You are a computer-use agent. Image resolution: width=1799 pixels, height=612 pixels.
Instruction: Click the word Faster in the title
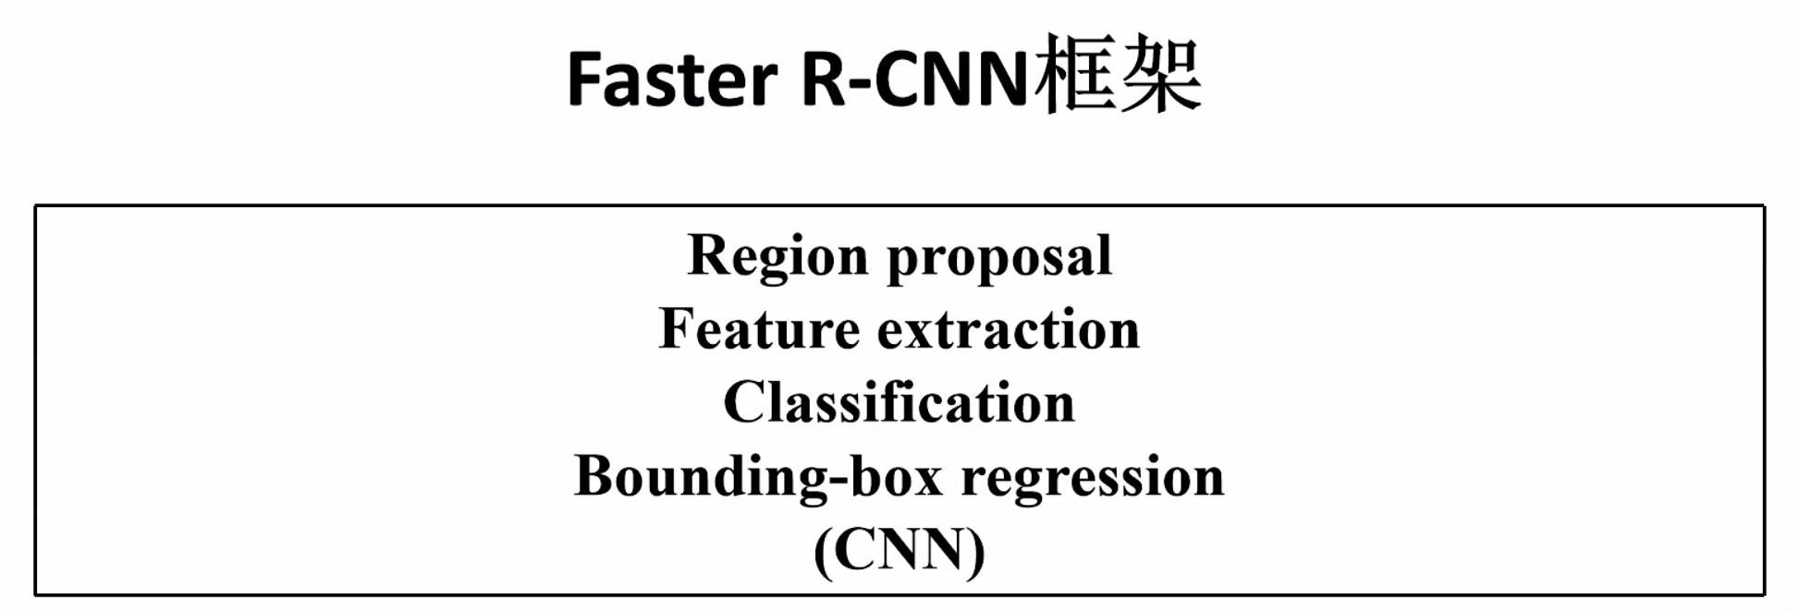point(672,79)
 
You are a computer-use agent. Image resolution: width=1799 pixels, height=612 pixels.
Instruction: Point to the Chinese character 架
point(1160,74)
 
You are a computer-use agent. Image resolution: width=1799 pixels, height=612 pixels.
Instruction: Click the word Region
point(777,256)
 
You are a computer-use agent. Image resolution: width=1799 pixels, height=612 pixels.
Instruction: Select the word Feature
point(759,329)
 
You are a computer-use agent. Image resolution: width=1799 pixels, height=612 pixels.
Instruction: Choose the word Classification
point(899,402)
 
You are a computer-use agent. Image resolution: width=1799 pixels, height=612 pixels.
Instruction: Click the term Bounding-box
point(758,476)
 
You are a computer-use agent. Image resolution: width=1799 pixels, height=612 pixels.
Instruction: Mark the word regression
point(1093,480)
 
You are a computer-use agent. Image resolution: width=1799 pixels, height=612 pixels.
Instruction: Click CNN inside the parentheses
point(899,550)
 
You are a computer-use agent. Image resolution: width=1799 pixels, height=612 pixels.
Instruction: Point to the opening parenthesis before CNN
point(823,552)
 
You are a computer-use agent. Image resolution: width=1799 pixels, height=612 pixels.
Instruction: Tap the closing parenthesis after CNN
point(976,552)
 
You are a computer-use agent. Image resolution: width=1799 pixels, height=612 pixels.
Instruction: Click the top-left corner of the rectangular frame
point(35,206)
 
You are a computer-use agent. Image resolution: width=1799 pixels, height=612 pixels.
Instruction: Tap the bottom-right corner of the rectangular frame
point(1764,594)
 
